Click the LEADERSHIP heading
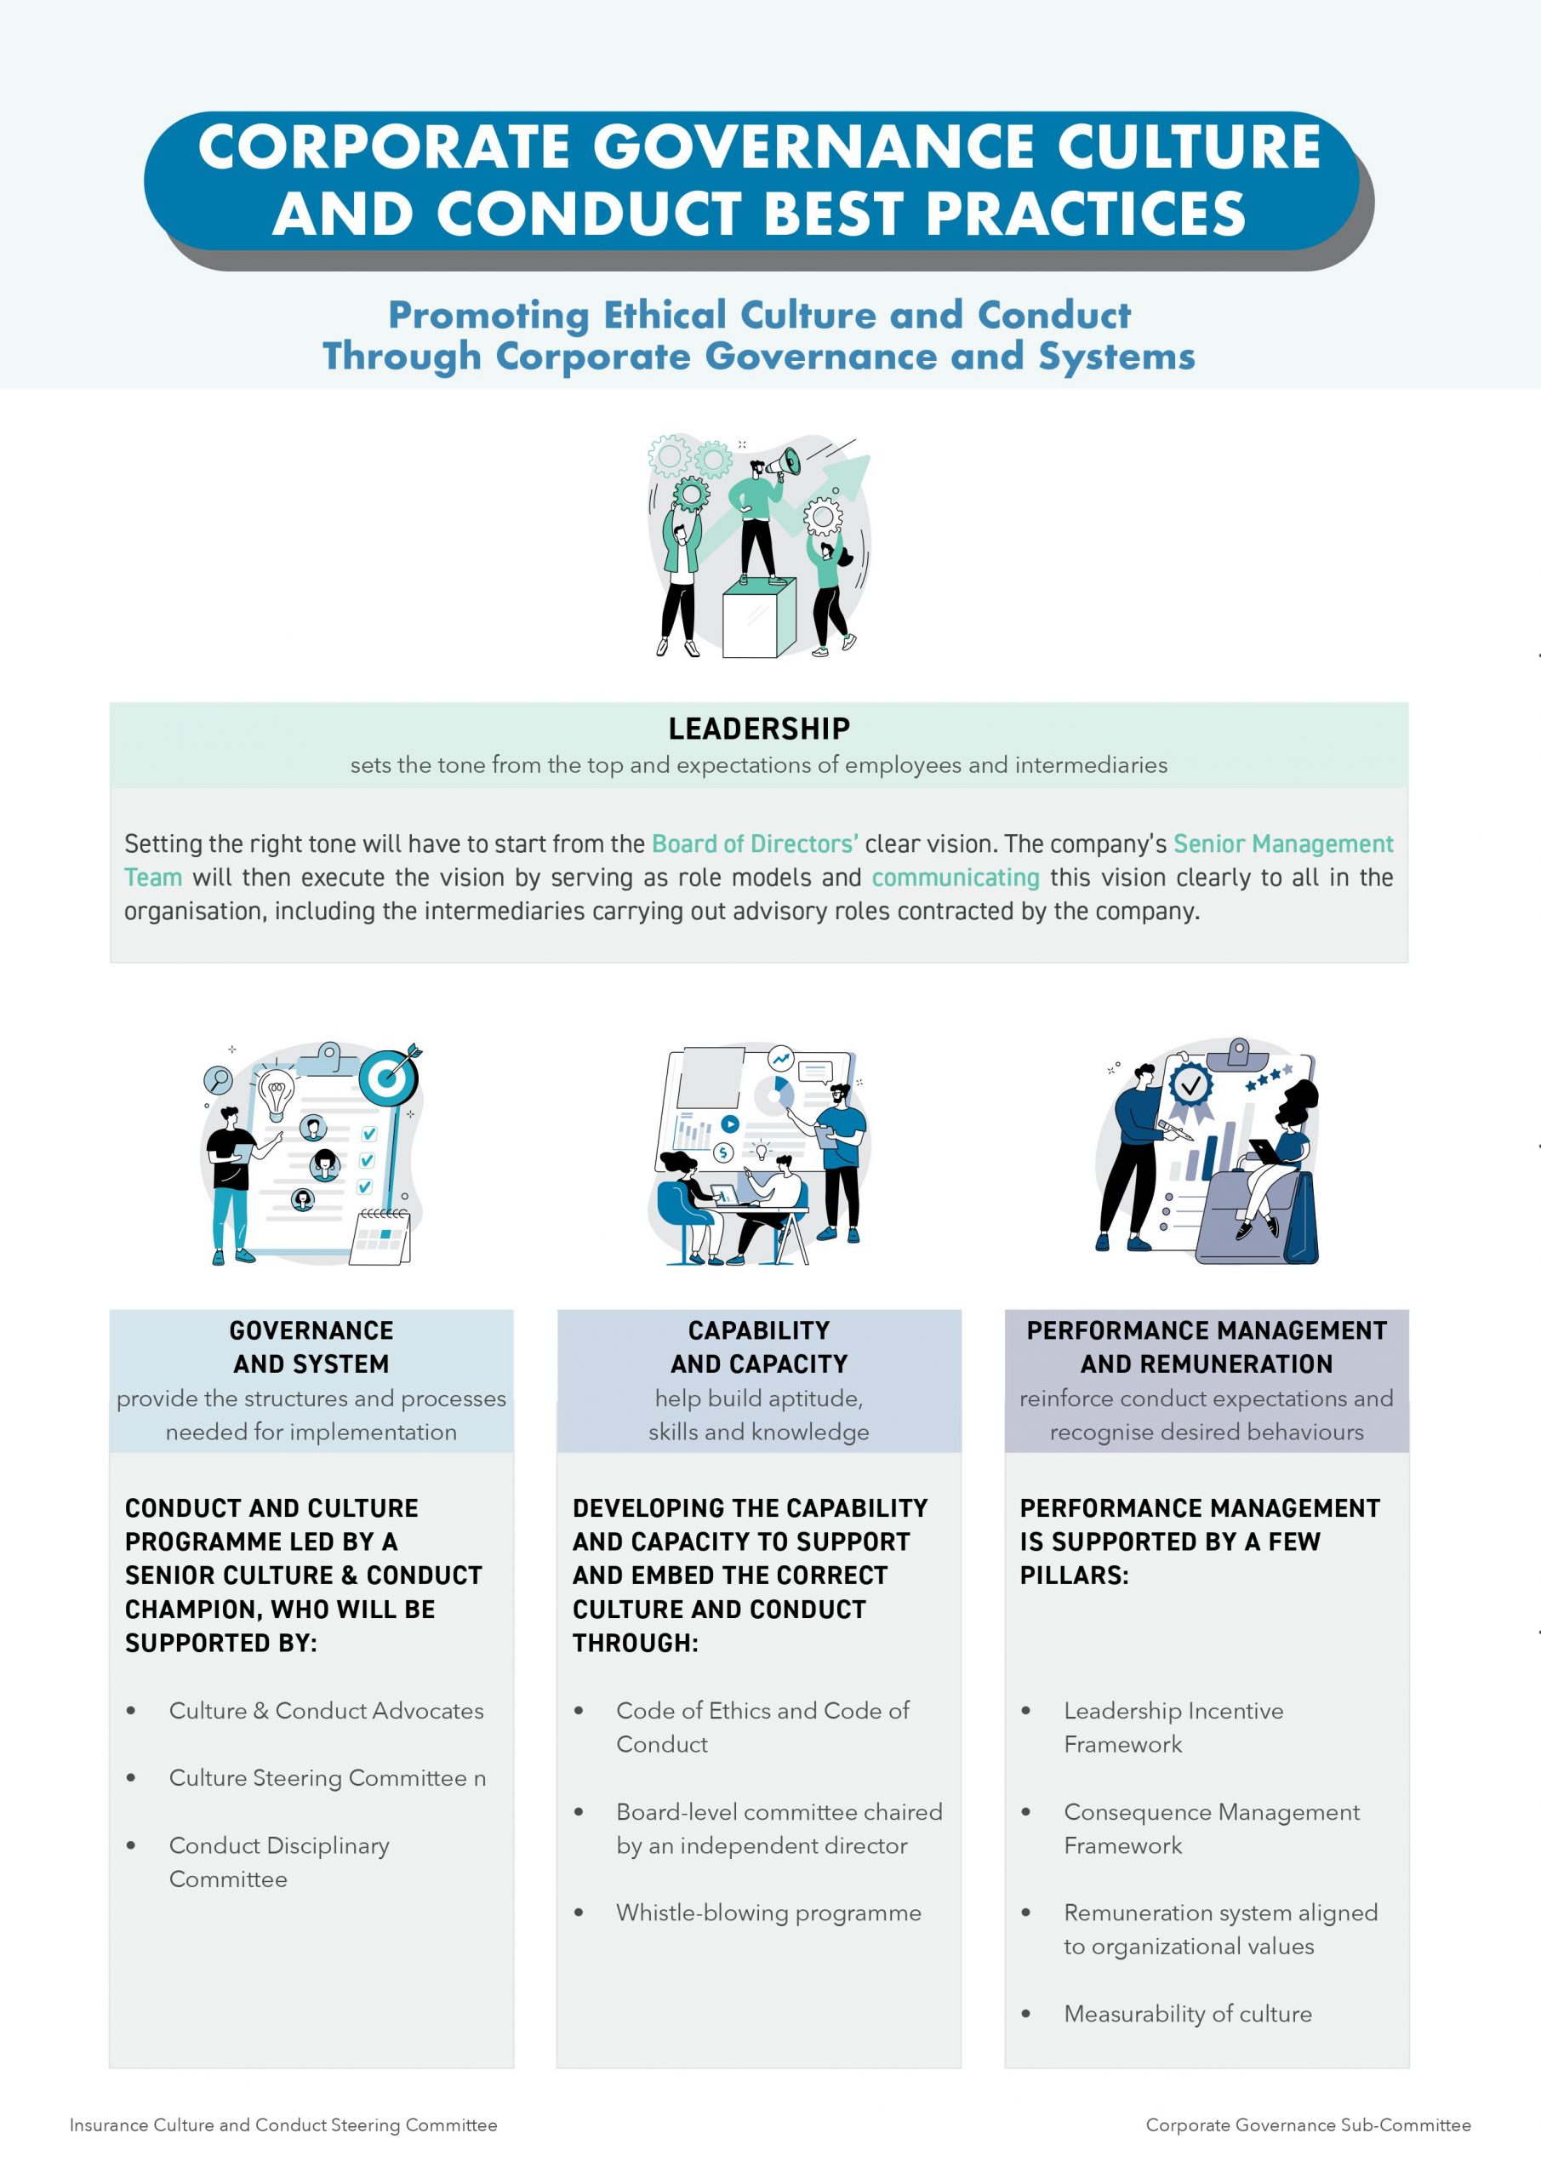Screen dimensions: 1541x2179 (x=759, y=729)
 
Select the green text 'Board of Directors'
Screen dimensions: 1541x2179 (x=756, y=844)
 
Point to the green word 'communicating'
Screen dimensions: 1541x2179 (x=956, y=878)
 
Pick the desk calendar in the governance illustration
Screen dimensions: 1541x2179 (x=380, y=1237)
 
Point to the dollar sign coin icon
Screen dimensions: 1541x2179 (x=724, y=1152)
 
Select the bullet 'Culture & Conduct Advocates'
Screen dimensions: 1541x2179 (x=327, y=1710)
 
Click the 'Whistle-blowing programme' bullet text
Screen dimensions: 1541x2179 (x=768, y=1913)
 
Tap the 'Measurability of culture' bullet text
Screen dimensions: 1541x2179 (x=1188, y=2013)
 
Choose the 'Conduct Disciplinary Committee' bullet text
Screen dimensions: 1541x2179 (x=279, y=1862)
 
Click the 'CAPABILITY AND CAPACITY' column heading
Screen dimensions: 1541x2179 (x=759, y=1347)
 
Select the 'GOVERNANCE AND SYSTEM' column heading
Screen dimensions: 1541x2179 (x=311, y=1347)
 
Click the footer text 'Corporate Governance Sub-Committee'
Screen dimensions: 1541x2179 (x=1309, y=2125)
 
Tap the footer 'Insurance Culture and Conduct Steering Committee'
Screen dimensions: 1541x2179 (x=283, y=2125)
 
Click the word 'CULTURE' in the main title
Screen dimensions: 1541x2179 (x=1189, y=147)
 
